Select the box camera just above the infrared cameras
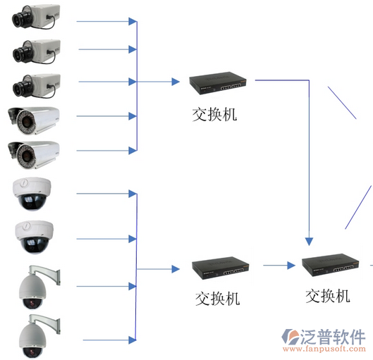tap(37, 85)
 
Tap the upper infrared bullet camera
tap(34, 120)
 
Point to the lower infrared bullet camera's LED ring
tap(25, 155)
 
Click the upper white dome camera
tap(32, 194)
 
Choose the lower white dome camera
tap(35, 237)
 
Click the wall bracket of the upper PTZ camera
tap(46, 274)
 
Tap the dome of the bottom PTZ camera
tap(32, 340)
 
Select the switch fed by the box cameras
tap(218, 83)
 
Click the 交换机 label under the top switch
tap(214, 115)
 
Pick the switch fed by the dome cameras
tap(221, 268)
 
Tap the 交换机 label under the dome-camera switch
tap(217, 299)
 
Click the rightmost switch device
tap(331, 265)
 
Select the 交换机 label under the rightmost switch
tap(328, 296)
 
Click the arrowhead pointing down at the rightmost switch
tap(309, 242)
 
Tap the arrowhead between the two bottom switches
tap(291, 266)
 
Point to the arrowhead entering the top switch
tap(176, 82)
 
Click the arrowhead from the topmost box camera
tap(133, 21)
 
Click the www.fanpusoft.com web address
tap(324, 349)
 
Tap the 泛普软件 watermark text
tap(333, 337)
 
